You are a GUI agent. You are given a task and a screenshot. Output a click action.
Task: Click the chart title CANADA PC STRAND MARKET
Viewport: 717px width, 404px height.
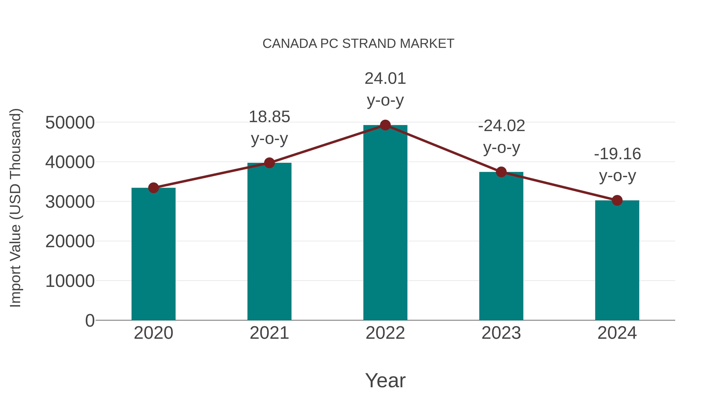click(x=358, y=44)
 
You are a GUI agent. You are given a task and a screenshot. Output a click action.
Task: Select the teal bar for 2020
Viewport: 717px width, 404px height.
click(x=153, y=254)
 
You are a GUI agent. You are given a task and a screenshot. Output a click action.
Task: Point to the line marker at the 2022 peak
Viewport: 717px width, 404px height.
click(x=385, y=125)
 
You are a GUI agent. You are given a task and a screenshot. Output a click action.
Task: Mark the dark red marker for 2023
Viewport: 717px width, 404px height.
click(x=501, y=172)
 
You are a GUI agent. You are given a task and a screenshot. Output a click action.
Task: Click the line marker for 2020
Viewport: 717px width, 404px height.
click(x=153, y=188)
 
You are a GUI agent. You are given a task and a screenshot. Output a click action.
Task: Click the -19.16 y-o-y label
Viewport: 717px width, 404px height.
click(x=617, y=165)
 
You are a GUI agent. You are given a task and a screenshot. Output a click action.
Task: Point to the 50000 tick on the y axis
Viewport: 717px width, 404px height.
click(x=70, y=123)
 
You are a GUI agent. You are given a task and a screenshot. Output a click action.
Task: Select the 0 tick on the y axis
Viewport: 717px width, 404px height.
click(x=90, y=320)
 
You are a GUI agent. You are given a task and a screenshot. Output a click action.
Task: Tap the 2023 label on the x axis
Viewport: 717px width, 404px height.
click(x=501, y=333)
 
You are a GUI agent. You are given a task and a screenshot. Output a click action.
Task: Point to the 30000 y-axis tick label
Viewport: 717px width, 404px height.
click(x=70, y=202)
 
